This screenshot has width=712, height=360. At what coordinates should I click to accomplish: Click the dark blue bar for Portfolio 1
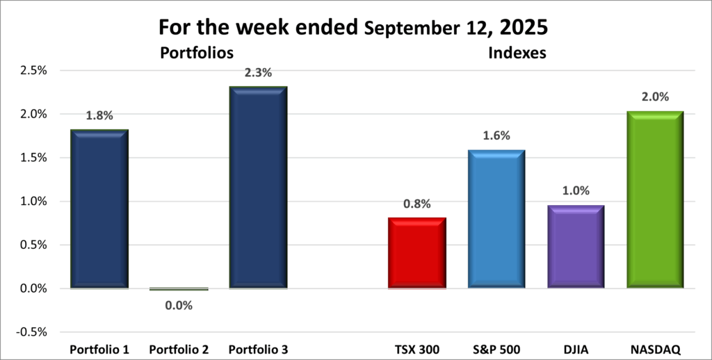99,208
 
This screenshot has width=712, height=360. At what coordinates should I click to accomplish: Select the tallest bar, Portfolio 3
258,187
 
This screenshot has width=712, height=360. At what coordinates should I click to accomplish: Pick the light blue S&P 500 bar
496,218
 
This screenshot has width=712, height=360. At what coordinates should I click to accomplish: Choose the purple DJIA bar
575,246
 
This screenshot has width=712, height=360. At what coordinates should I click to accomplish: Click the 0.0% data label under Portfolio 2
179,304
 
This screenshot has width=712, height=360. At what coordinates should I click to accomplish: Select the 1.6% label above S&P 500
496,137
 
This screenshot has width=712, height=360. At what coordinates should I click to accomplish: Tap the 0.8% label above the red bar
416,204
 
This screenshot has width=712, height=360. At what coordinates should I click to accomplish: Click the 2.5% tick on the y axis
32,70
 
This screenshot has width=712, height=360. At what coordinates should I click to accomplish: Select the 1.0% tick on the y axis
32,201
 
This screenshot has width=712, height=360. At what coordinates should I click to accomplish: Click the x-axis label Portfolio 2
179,347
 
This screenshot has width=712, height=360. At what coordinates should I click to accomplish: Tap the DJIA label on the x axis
575,347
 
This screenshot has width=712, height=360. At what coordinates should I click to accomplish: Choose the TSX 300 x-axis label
416,347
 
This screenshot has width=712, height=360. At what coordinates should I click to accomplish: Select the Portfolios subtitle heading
196,52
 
